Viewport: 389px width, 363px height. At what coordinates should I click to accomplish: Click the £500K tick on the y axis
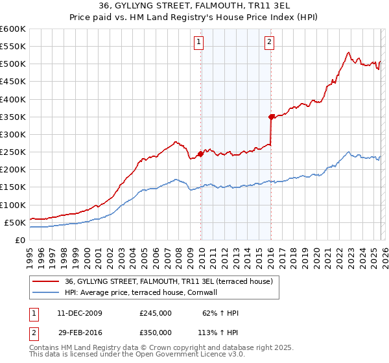pyautogui.click(x=13, y=64)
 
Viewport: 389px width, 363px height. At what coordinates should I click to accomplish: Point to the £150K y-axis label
pyautogui.click(x=13, y=187)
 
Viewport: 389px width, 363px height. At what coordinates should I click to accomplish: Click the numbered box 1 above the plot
pyautogui.click(x=198, y=43)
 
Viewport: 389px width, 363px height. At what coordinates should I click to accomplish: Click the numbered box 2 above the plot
pyautogui.click(x=268, y=43)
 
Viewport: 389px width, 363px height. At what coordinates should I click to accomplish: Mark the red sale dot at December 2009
pyautogui.click(x=200, y=154)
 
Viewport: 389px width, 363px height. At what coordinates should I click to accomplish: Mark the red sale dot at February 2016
pyautogui.click(x=271, y=117)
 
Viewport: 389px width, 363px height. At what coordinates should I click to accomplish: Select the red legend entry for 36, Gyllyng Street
pyautogui.click(x=172, y=281)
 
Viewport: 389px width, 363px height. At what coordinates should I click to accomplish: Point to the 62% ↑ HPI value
pyautogui.click(x=221, y=313)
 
